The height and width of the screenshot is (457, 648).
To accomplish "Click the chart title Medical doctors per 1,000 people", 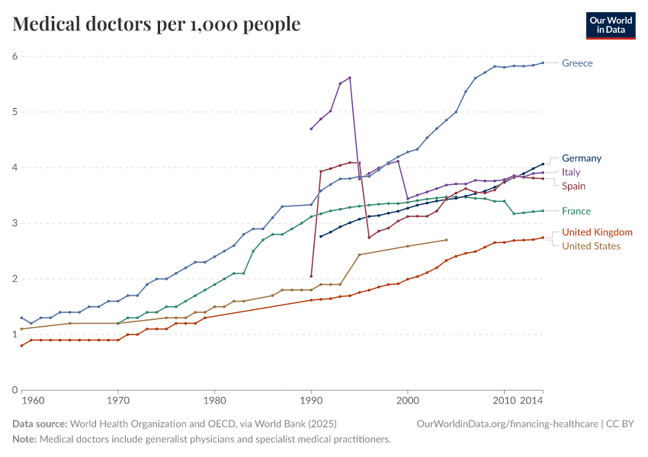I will point(156,24).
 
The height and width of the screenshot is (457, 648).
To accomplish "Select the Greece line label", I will point(577,63).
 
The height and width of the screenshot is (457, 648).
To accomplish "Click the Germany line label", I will point(582,158).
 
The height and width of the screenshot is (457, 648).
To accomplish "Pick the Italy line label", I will point(571,172).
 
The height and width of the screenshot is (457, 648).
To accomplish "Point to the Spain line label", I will point(573,186).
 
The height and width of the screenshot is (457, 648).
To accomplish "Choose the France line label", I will point(576,211).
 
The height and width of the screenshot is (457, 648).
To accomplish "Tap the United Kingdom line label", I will point(597,232).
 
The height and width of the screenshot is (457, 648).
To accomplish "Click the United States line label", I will point(591,246).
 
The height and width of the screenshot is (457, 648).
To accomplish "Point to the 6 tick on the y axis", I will point(15,56).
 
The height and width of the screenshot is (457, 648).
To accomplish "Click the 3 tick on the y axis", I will point(15,223).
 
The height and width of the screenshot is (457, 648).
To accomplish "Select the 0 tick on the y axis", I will point(15,390).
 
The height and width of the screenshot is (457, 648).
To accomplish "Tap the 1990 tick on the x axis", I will point(311,401).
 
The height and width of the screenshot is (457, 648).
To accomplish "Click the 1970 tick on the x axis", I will point(117,401).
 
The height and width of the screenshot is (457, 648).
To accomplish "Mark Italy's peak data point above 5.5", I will point(350,78).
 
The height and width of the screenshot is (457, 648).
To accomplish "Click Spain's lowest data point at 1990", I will point(311,276).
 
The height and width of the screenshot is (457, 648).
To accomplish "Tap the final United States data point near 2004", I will point(446,240).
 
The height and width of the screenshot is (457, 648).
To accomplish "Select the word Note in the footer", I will point(24,439).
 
